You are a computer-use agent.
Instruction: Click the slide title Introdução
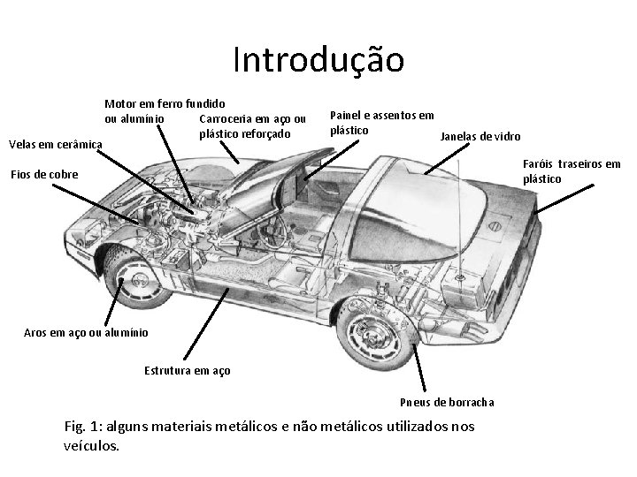[x=318, y=60]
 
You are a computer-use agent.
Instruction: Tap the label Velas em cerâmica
[x=55, y=144]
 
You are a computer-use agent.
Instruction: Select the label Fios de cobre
[x=44, y=174]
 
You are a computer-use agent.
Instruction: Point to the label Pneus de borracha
[x=447, y=402]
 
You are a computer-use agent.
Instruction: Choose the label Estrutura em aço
[x=187, y=370]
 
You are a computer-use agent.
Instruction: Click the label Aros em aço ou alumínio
[x=81, y=332]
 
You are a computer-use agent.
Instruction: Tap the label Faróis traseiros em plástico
[x=572, y=171]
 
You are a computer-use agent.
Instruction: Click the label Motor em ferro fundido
[x=165, y=103]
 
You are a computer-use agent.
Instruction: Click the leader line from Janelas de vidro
[x=447, y=155]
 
